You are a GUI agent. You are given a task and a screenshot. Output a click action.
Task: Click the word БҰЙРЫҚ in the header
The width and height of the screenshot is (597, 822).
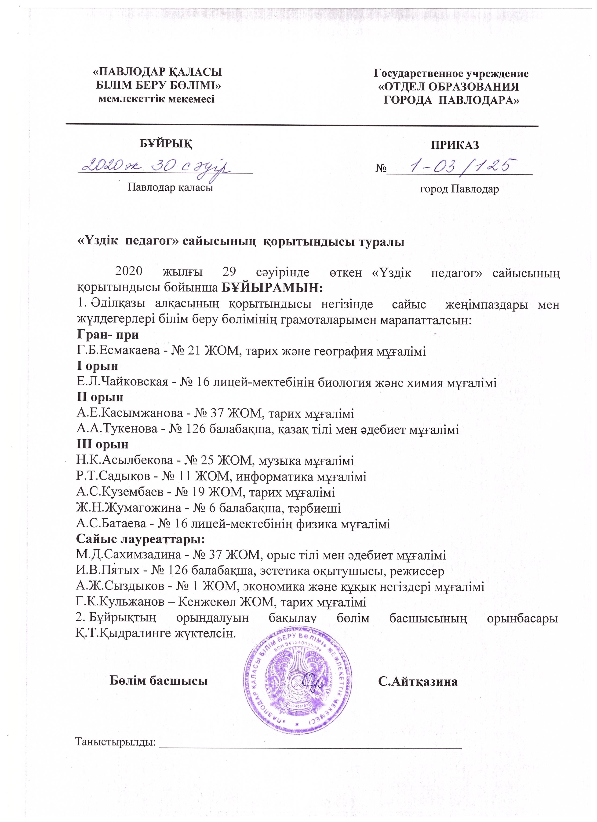pos(166,144)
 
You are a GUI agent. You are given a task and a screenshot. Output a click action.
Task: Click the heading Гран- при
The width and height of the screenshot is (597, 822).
pos(108,334)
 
